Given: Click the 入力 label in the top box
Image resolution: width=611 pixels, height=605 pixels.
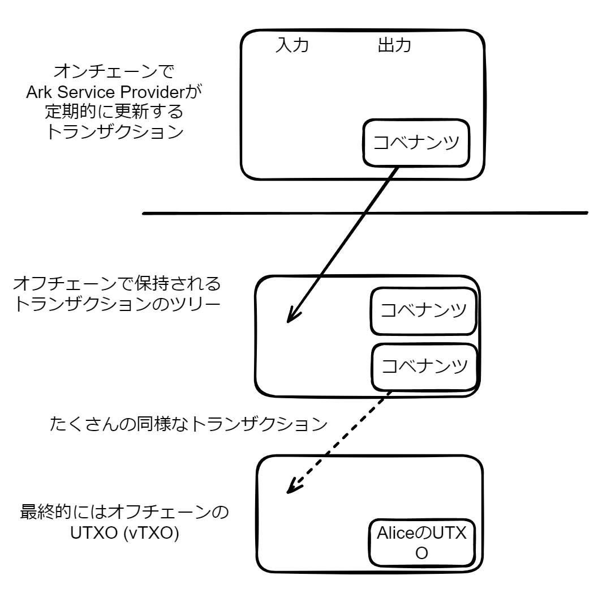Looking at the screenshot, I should tap(291, 46).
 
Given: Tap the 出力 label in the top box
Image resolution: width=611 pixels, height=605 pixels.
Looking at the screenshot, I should tap(394, 46).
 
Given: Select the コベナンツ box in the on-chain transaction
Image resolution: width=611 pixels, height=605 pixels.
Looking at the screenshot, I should tap(417, 143).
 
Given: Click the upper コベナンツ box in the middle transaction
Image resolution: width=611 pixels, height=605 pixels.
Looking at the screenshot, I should tap(423, 310).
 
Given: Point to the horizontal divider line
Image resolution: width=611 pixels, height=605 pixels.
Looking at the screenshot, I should tap(365, 214).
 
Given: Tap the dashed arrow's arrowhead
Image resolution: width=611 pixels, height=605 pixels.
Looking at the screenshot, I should tap(291, 488).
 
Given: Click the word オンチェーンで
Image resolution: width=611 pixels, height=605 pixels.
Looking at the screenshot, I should tap(113, 73).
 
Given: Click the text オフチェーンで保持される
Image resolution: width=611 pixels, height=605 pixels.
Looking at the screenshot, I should tap(116, 283).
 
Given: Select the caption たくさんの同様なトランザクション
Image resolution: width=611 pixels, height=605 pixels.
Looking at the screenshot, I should tap(189, 424).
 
